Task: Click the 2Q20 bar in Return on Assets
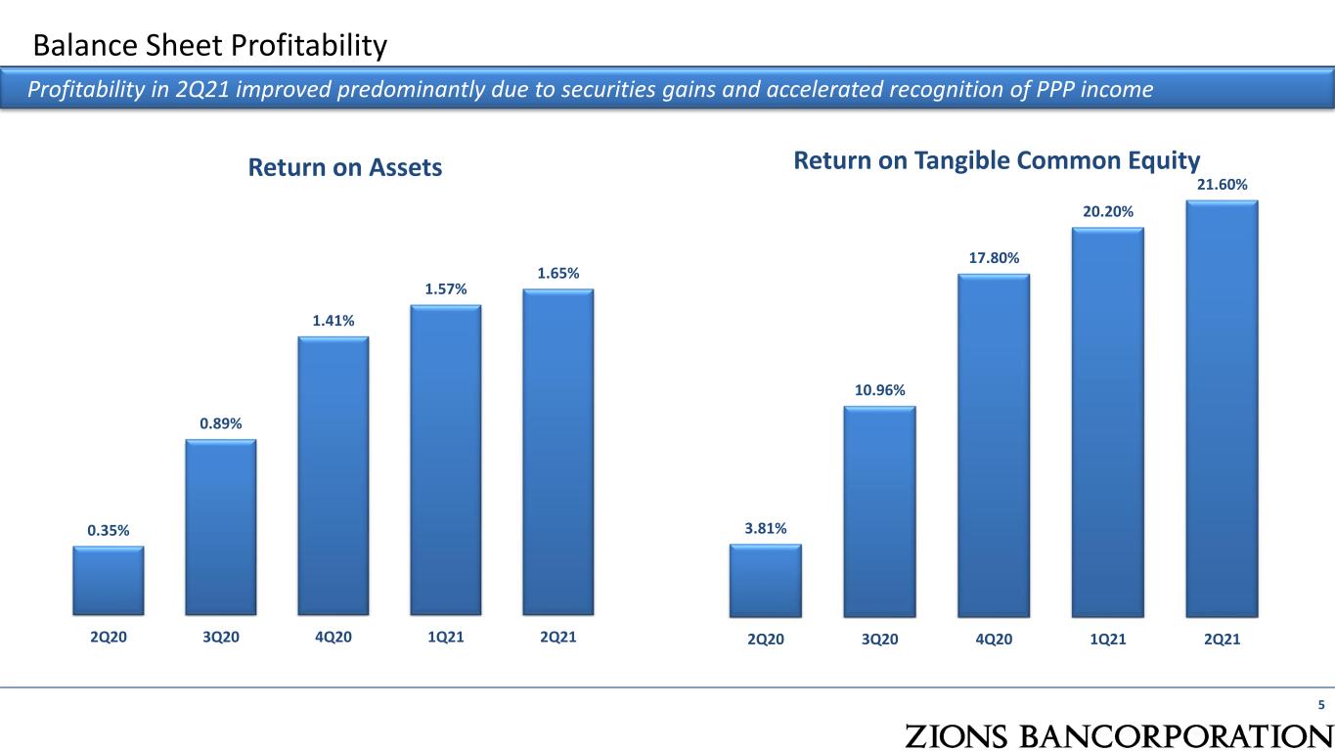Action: [x=108, y=581]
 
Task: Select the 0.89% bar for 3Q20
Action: [x=220, y=527]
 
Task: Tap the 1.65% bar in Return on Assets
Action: [x=557, y=452]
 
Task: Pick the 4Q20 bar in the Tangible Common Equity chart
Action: [x=994, y=446]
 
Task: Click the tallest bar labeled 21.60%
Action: [x=1222, y=409]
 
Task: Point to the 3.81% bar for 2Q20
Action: [x=765, y=581]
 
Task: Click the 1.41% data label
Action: [x=334, y=321]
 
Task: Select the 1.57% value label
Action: [x=446, y=289]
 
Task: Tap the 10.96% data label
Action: [x=879, y=390]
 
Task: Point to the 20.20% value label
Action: [x=1108, y=211]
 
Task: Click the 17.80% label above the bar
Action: [x=994, y=257]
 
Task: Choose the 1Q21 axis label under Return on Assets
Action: [x=446, y=637]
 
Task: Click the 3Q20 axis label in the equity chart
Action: [x=879, y=639]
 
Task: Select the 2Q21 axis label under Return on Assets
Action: [x=557, y=637]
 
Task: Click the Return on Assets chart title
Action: [x=345, y=167]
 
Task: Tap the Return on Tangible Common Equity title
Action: [x=997, y=161]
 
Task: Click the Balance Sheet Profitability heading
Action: [x=209, y=45]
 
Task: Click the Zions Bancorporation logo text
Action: [x=1119, y=736]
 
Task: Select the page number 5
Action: [x=1321, y=704]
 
